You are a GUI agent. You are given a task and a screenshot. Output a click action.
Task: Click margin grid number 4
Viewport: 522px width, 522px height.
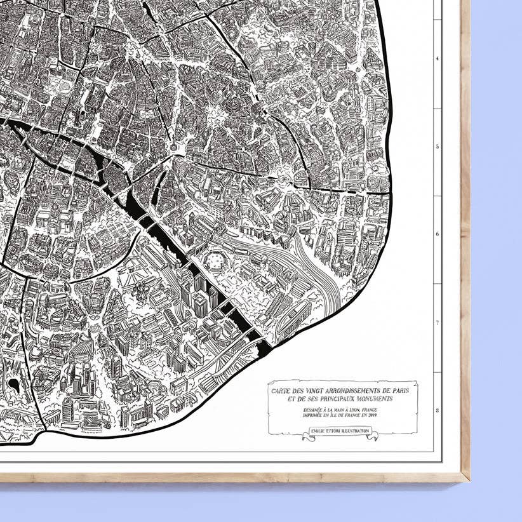coord(437,58)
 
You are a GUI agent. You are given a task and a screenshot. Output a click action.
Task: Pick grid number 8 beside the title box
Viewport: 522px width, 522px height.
coord(437,411)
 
